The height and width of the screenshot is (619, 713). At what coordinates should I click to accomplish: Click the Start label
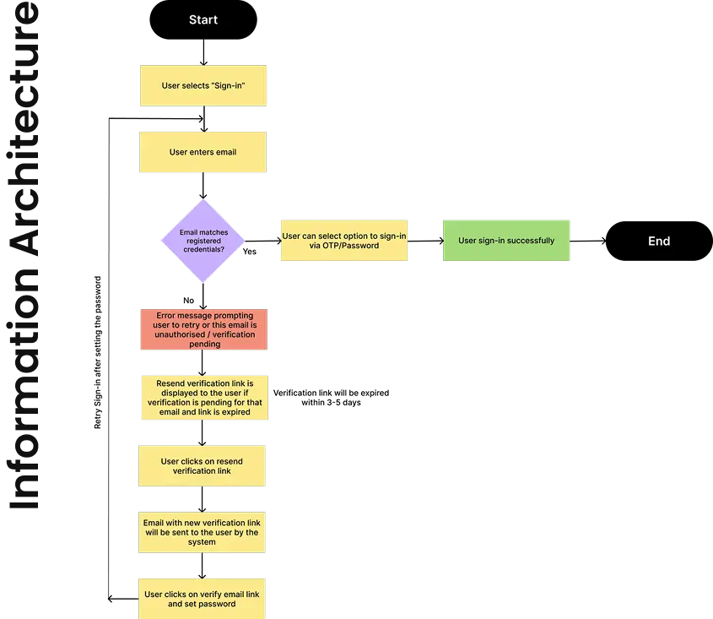[203, 19]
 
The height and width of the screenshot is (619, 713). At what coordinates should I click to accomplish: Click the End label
[659, 241]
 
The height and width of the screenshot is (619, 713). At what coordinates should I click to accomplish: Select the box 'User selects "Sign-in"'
[203, 84]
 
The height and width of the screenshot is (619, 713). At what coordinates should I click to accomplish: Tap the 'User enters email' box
[203, 152]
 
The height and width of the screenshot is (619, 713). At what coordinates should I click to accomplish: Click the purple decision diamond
[203, 241]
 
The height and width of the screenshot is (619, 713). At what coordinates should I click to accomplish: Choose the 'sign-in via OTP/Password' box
[344, 241]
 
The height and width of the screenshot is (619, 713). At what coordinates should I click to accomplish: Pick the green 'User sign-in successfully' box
[506, 241]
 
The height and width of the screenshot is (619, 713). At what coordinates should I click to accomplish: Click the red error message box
[203, 329]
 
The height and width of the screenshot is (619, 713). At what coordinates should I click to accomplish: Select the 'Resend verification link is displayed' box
[203, 398]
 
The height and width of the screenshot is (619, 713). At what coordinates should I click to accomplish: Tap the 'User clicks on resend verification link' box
[203, 466]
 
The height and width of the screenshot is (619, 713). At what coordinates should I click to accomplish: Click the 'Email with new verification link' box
[203, 532]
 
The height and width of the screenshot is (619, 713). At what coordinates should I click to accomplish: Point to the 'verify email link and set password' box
[203, 599]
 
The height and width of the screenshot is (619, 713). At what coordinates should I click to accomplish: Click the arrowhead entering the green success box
[440, 241]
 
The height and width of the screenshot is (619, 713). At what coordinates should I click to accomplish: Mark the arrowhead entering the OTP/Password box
[278, 241]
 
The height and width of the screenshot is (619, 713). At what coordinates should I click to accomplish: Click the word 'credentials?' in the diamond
[203, 249]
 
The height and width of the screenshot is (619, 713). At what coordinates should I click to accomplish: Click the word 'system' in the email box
[203, 542]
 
